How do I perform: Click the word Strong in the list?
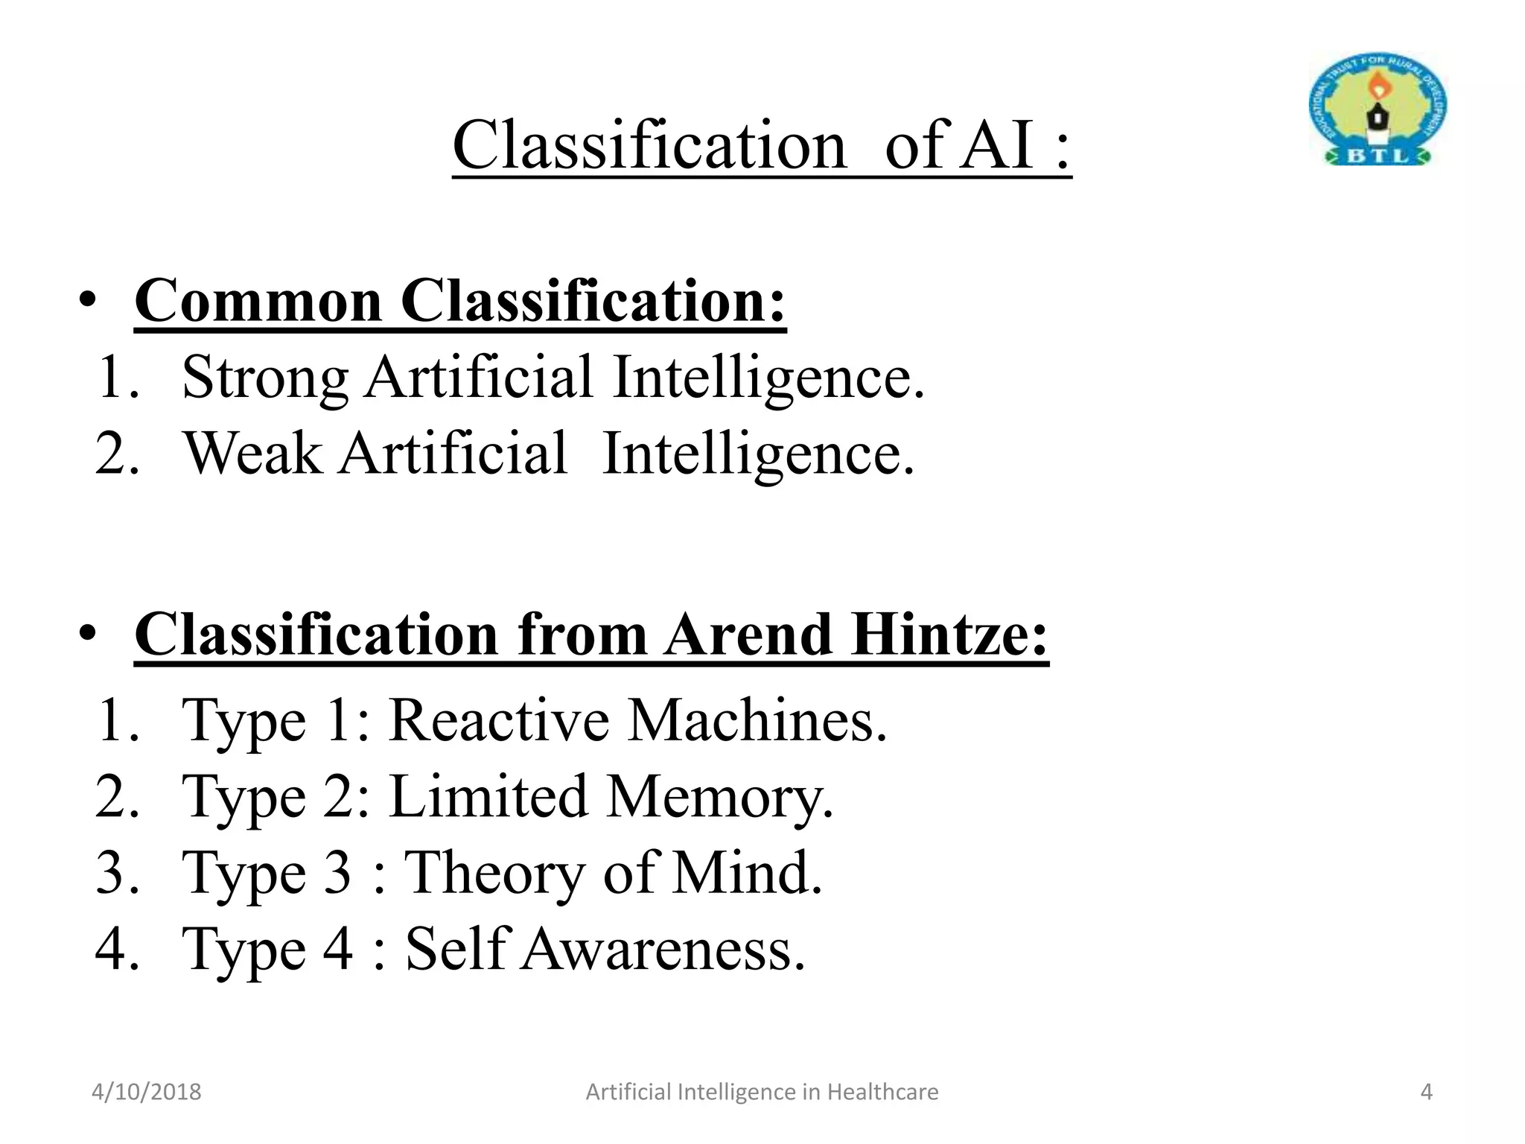(264, 378)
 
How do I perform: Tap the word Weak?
(252, 454)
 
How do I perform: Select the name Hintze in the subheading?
(949, 635)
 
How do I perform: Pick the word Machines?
(757, 721)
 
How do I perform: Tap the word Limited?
(488, 797)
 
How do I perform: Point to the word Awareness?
(663, 950)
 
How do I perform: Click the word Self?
(456, 950)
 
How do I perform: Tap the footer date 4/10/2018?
(147, 1092)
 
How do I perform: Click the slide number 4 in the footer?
(1426, 1092)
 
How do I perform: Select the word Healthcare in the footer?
(882, 1092)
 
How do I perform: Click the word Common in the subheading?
(258, 301)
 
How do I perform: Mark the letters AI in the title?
(996, 144)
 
